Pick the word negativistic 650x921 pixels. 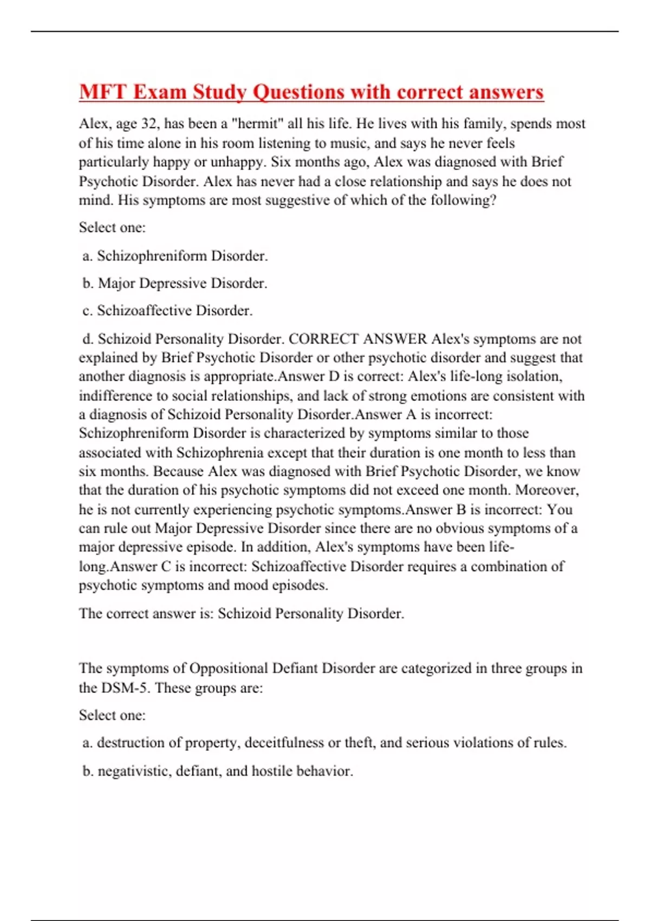pos(133,771)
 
